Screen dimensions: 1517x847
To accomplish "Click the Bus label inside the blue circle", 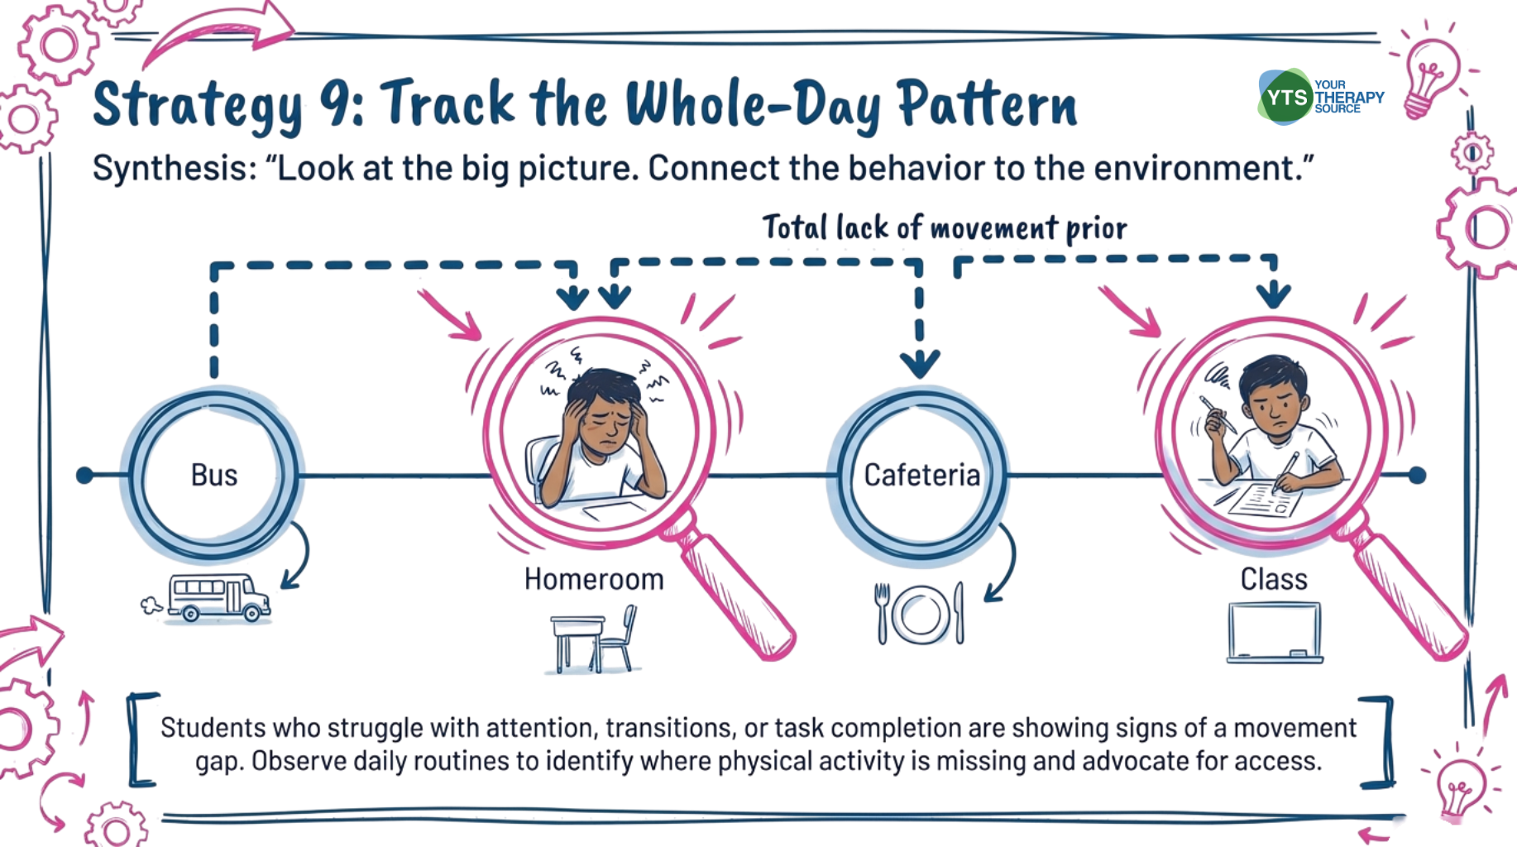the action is (x=214, y=475).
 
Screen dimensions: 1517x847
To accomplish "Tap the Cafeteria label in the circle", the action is (x=921, y=475).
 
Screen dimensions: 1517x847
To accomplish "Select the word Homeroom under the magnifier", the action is (x=594, y=579).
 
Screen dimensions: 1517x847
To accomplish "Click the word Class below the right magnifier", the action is (x=1274, y=579).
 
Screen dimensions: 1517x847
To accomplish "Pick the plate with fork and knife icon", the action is (x=920, y=614).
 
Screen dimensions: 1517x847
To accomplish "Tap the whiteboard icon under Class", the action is (x=1274, y=633).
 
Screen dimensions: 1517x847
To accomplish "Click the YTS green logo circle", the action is (x=1285, y=98).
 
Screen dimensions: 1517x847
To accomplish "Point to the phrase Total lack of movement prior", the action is (x=944, y=227).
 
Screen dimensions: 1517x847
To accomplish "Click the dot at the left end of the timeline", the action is (x=84, y=476).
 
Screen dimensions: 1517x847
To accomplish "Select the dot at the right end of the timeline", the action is (x=1417, y=476).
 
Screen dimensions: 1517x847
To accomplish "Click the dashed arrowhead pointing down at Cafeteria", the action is (x=920, y=364).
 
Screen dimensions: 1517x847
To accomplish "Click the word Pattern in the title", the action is (x=987, y=105).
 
